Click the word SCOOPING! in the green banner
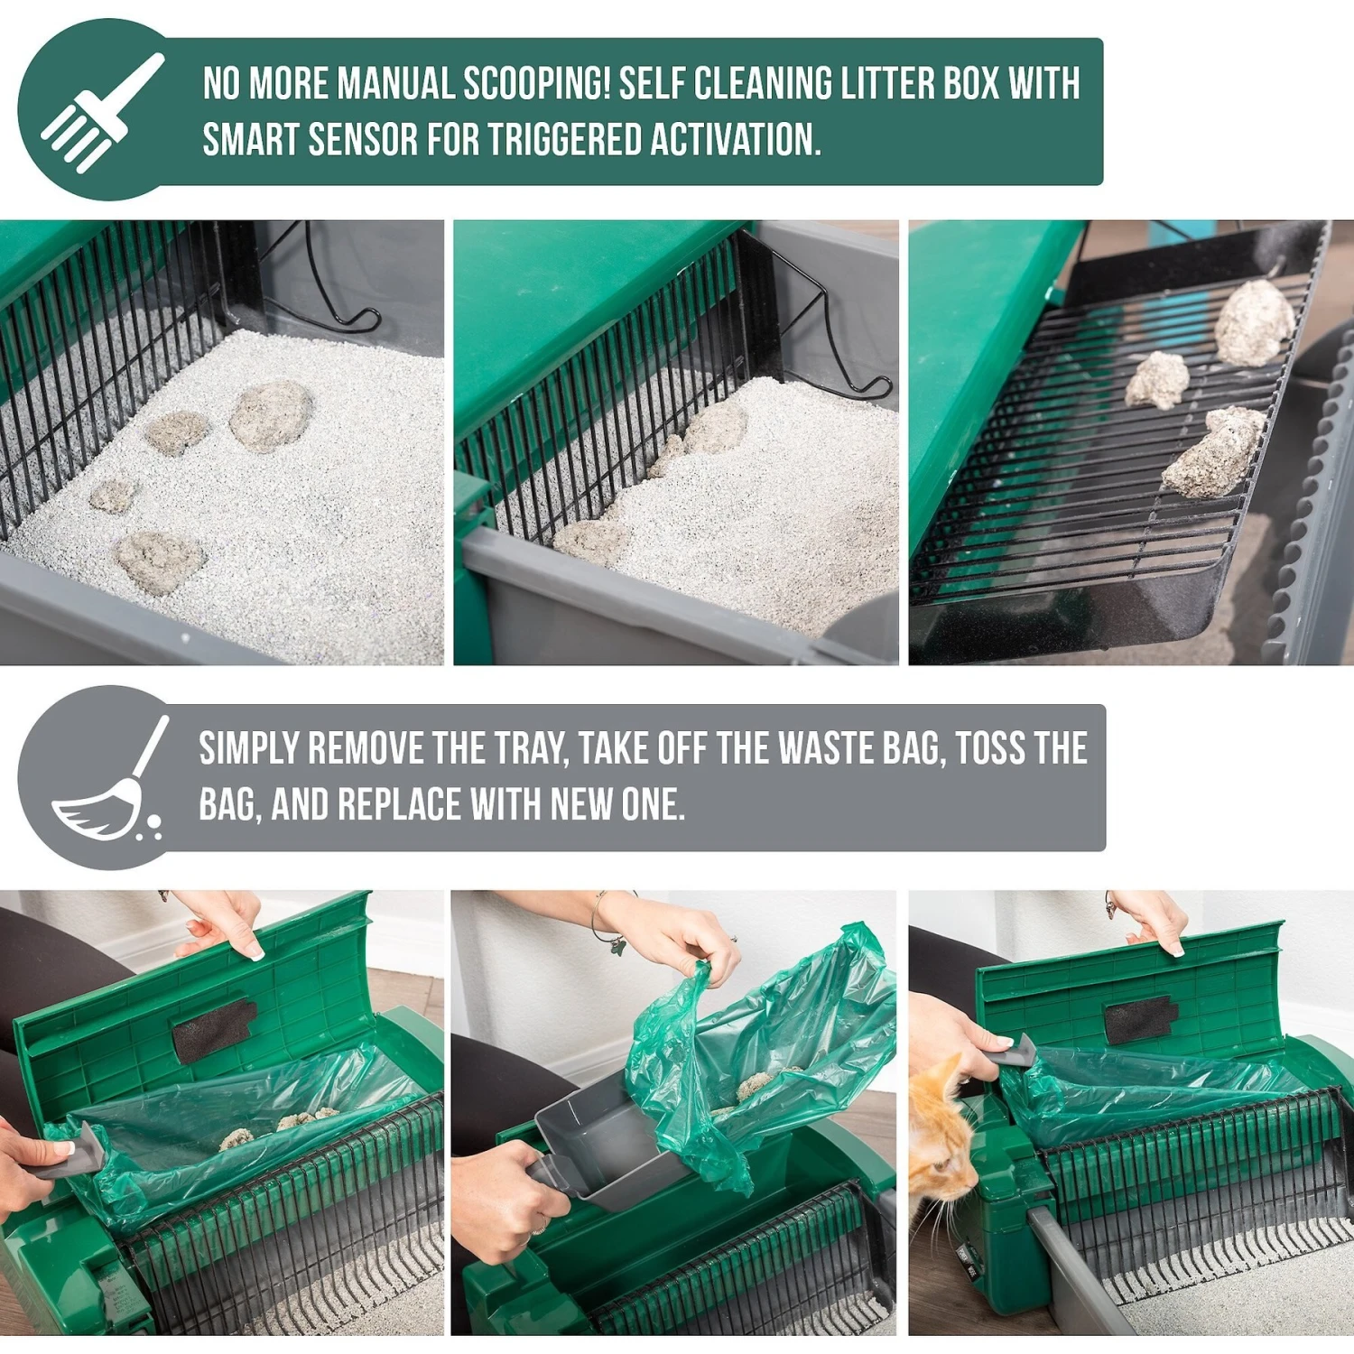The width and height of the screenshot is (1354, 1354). tap(536, 84)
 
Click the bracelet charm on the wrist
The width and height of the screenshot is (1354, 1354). tap(617, 945)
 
